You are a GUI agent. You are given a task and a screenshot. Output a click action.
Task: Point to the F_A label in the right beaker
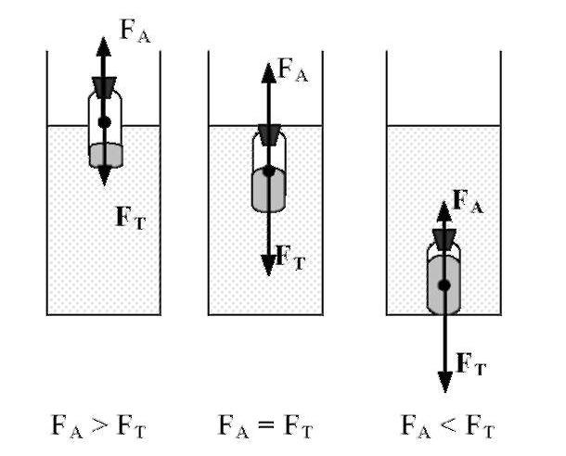pos(467,201)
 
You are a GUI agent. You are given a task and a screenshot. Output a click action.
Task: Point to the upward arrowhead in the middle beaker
pos(269,70)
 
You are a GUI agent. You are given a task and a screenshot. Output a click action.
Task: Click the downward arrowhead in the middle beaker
pos(269,264)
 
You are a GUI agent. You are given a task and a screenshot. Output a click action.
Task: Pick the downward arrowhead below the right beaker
pos(444,380)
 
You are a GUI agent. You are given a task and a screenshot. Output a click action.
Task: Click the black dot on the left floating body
pos(104,121)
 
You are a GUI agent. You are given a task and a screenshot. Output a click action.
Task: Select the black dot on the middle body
pos(269,171)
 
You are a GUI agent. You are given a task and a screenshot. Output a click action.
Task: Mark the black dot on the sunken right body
pos(444,285)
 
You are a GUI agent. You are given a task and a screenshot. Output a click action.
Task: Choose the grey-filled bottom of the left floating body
pos(104,155)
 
